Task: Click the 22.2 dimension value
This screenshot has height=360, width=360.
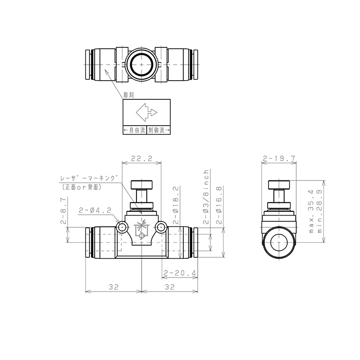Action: (x=142, y=158)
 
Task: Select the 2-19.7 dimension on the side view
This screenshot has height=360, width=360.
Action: (x=279, y=158)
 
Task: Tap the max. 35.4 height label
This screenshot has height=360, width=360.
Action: (x=311, y=211)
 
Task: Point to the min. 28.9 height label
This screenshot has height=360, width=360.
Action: (x=320, y=211)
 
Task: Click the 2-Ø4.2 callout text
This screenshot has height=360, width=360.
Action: (x=95, y=210)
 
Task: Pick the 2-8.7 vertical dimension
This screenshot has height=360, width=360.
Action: (x=63, y=210)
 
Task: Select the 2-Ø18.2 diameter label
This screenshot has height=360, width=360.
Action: (x=175, y=205)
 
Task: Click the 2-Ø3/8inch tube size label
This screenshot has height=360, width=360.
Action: (x=206, y=197)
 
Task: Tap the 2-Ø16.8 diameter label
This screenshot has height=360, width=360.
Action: (x=219, y=205)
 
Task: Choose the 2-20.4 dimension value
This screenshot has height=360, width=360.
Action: (x=180, y=273)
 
